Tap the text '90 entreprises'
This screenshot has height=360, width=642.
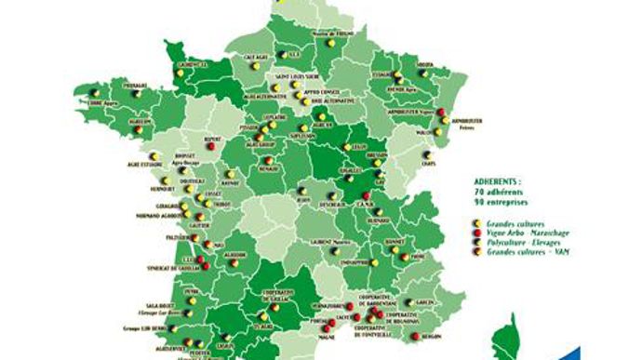tap(508, 200)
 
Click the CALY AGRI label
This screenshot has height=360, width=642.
tap(257, 56)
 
